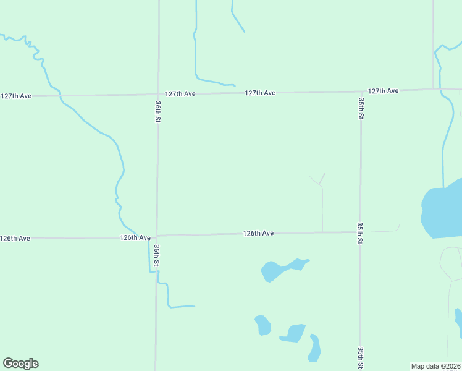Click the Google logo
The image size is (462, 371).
[20, 364]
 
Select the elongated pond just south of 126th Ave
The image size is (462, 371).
[283, 269]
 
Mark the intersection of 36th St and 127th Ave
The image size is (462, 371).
[158, 95]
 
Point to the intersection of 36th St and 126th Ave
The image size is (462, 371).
[157, 236]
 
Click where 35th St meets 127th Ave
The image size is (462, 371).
[361, 92]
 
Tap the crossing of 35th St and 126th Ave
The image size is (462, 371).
[360, 232]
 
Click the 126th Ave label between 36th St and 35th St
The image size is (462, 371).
[258, 233]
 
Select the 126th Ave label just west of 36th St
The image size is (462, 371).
[135, 237]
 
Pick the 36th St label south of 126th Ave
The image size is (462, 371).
[157, 255]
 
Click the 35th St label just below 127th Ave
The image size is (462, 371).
[361, 108]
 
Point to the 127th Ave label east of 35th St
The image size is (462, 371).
[383, 91]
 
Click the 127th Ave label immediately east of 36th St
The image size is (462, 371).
[180, 94]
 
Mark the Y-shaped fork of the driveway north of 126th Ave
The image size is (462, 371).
[321, 184]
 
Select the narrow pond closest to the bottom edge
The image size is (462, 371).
[315, 348]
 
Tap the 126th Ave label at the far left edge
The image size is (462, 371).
[15, 239]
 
